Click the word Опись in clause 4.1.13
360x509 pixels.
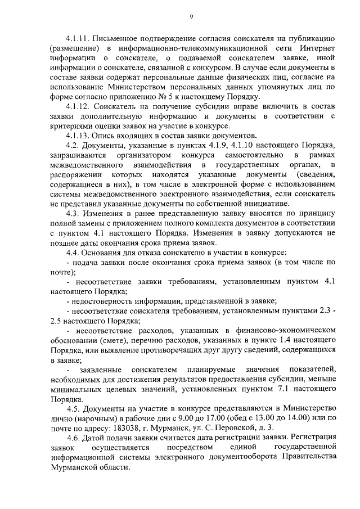pyautogui.click(x=109, y=136)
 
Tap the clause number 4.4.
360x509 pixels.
pyautogui.click(x=73, y=253)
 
